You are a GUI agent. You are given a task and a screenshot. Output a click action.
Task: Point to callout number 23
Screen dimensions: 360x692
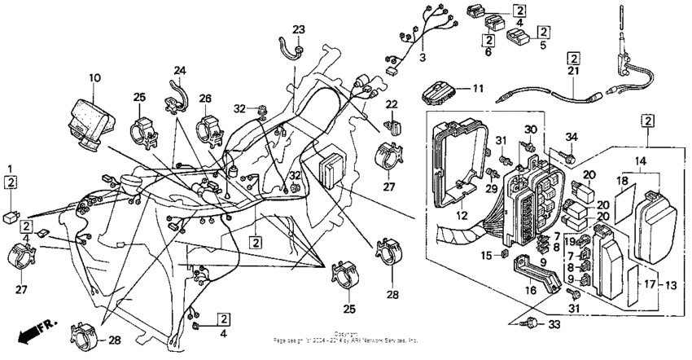(x=300, y=30)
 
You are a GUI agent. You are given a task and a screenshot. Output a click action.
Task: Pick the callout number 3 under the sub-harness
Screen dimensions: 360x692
(x=423, y=59)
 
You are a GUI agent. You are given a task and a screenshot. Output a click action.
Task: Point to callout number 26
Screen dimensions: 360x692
(x=205, y=98)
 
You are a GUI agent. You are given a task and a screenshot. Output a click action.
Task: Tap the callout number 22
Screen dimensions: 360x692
(x=392, y=103)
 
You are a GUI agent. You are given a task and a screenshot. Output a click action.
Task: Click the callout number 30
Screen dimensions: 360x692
(x=530, y=130)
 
